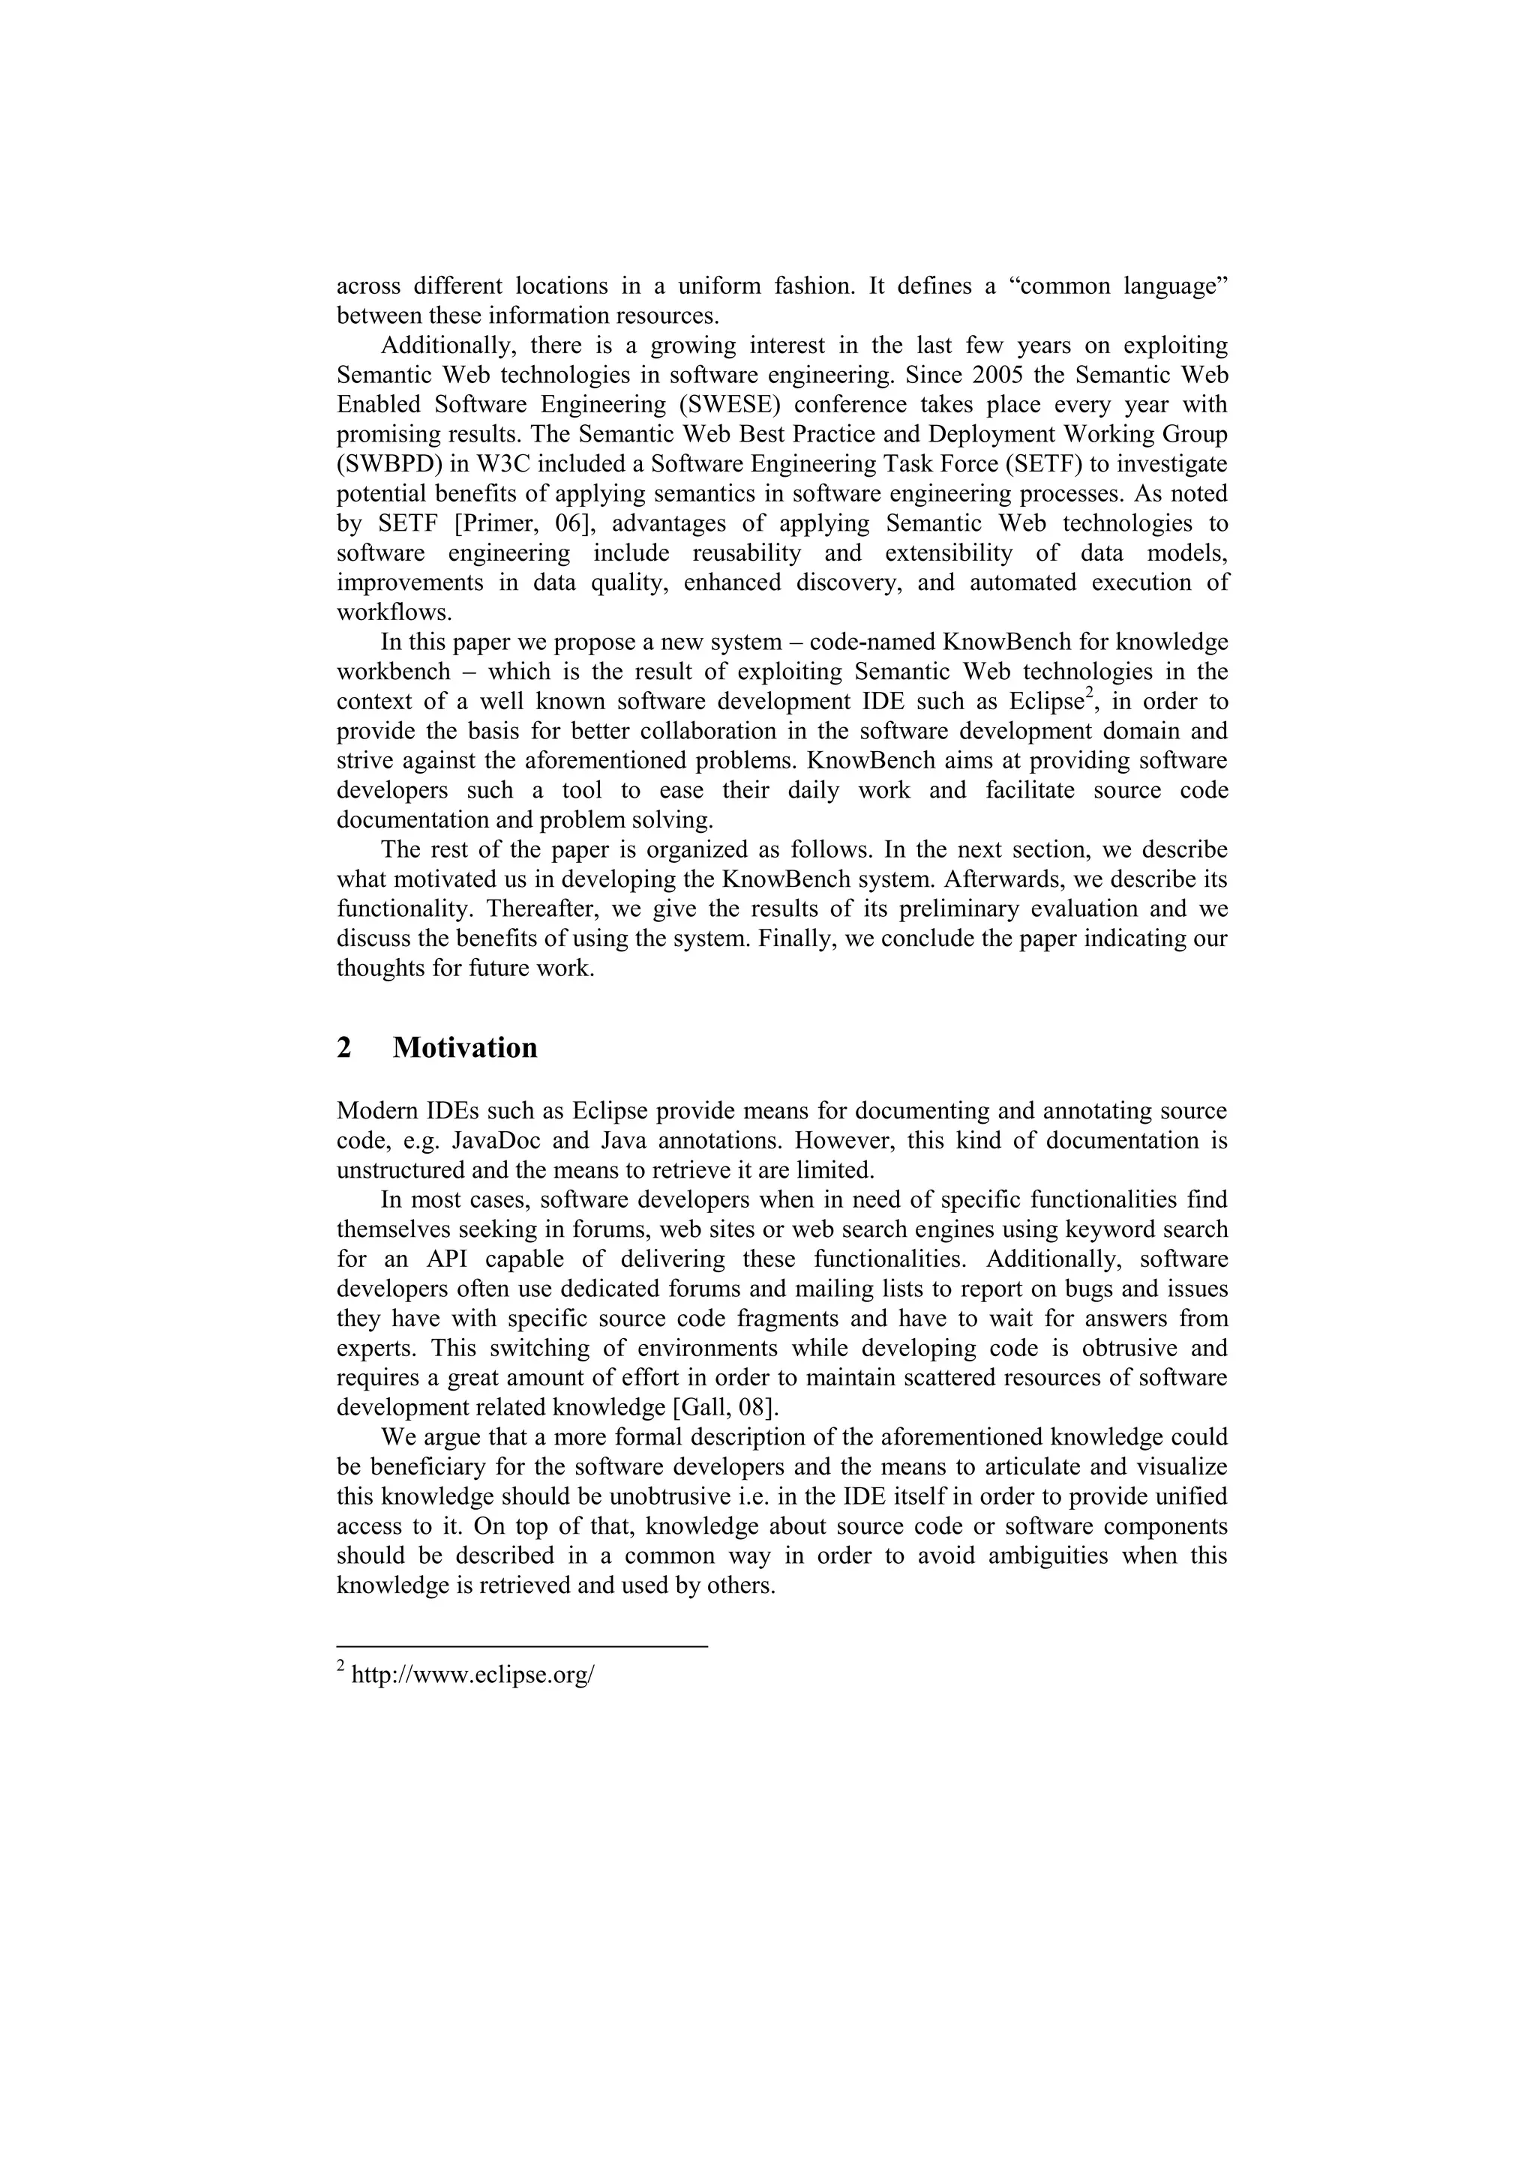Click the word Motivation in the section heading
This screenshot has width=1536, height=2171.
464,1048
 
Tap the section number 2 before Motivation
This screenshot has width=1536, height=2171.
344,1048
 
